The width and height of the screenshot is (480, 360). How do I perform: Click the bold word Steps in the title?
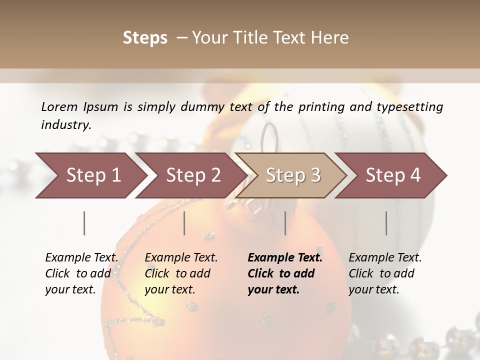pyautogui.click(x=145, y=38)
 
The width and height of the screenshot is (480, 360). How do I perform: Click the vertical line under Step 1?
pyautogui.click(x=84, y=223)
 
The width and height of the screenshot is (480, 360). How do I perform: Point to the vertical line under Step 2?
pyautogui.click(x=184, y=223)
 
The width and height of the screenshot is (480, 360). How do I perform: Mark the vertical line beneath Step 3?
pyautogui.click(x=285, y=223)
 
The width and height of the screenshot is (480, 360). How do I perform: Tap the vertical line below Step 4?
pyautogui.click(x=386, y=223)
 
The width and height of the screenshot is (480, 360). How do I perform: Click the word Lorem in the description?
pyautogui.click(x=59, y=106)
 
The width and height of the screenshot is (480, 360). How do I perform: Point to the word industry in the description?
pyautogui.click(x=66, y=125)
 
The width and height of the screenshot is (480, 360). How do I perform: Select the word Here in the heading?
pyautogui.click(x=330, y=38)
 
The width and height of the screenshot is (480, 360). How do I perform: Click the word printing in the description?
pyautogui.click(x=319, y=106)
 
